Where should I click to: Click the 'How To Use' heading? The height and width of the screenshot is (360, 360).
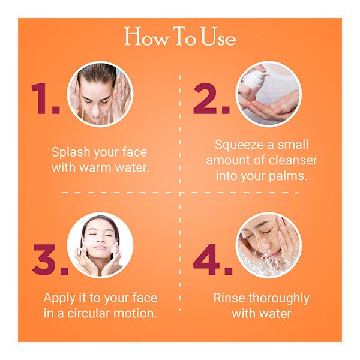click(x=179, y=37)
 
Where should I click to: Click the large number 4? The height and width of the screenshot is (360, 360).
click(x=212, y=259)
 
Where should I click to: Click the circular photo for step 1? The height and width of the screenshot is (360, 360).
click(x=100, y=94)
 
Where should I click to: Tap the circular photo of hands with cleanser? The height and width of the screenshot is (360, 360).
click(x=268, y=94)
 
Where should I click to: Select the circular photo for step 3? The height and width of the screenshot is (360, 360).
click(x=100, y=246)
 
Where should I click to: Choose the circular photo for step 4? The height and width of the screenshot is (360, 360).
click(x=268, y=246)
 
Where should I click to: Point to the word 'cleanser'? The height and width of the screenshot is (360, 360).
click(x=293, y=160)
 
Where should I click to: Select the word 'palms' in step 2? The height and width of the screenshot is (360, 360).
click(x=290, y=176)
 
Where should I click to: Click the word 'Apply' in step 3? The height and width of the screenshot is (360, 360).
click(x=59, y=298)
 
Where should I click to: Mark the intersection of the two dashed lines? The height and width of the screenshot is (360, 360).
click(x=180, y=193)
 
